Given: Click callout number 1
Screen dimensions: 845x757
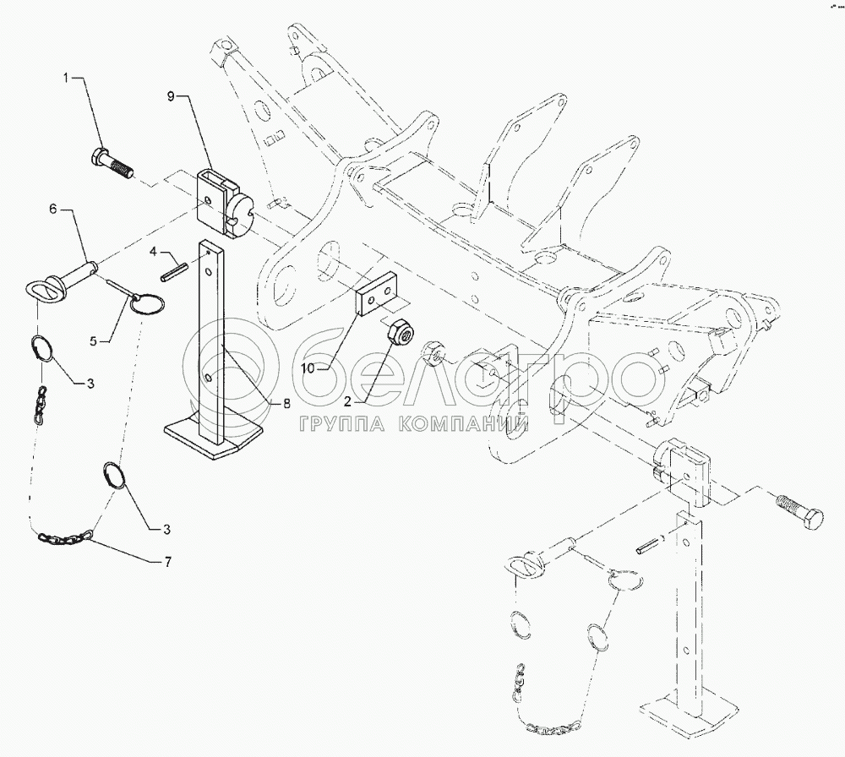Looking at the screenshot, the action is tap(66, 79).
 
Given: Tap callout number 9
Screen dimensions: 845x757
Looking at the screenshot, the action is tap(171, 96).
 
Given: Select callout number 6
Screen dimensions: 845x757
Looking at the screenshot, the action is tap(52, 210).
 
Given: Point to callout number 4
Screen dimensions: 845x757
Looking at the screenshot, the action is tap(154, 251).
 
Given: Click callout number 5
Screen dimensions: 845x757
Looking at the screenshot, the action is tap(94, 341).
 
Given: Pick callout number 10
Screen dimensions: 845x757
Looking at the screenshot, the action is tap(308, 368).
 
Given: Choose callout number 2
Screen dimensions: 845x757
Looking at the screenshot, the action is tap(347, 400).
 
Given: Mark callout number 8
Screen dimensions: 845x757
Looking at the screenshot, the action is tap(287, 402).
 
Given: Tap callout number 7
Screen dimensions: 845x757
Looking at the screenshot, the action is tap(167, 562).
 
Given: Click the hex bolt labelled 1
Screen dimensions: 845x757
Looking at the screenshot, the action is tap(110, 163).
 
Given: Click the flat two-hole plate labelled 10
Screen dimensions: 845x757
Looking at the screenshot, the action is tap(375, 295).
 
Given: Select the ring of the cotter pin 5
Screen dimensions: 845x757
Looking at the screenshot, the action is tap(147, 302).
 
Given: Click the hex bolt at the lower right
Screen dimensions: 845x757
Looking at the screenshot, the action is tap(799, 509).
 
